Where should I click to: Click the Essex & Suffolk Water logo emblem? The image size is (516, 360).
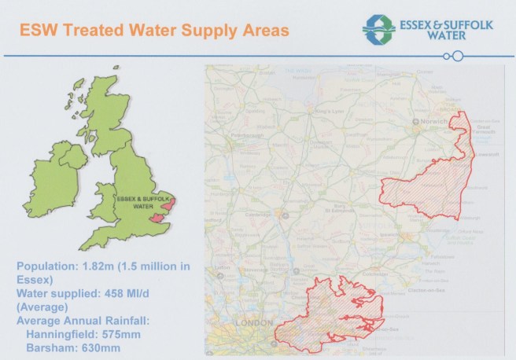click(379, 28)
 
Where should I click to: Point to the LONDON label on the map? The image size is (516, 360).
click(254, 323)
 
